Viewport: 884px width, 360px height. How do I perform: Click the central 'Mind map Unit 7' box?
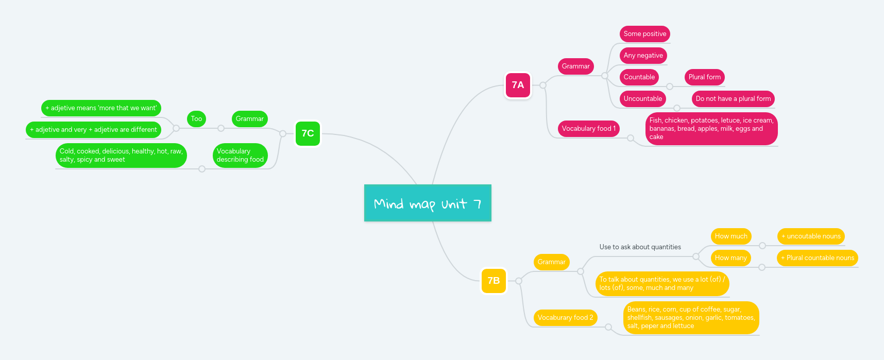click(x=428, y=203)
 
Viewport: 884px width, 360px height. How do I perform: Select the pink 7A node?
click(x=518, y=85)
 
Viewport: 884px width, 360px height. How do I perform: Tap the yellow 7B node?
click(x=494, y=281)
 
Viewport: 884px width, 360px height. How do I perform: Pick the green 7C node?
click(x=308, y=133)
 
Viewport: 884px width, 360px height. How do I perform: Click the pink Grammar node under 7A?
click(x=575, y=66)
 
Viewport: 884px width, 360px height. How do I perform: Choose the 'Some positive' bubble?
click(x=644, y=34)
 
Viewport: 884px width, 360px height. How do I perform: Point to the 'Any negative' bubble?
click(x=643, y=56)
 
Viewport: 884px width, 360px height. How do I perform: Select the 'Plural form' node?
click(x=704, y=77)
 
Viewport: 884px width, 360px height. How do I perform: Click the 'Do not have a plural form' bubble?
click(x=733, y=99)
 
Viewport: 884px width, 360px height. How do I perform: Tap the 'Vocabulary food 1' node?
click(x=588, y=129)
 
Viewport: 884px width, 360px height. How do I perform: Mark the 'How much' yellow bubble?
click(x=730, y=236)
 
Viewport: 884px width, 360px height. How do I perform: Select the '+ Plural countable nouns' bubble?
click(x=817, y=258)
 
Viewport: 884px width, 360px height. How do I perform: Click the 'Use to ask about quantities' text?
click(x=640, y=247)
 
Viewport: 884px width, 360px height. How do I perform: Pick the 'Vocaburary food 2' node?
click(x=565, y=318)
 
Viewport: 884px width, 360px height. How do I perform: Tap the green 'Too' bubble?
click(x=196, y=119)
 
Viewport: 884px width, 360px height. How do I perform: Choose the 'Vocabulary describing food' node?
click(x=240, y=156)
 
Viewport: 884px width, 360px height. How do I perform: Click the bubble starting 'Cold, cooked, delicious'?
click(x=121, y=156)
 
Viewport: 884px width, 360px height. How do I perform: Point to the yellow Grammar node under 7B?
click(x=551, y=262)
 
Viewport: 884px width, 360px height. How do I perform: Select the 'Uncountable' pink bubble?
click(x=642, y=99)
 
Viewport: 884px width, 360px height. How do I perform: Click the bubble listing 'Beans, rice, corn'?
click(x=691, y=318)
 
